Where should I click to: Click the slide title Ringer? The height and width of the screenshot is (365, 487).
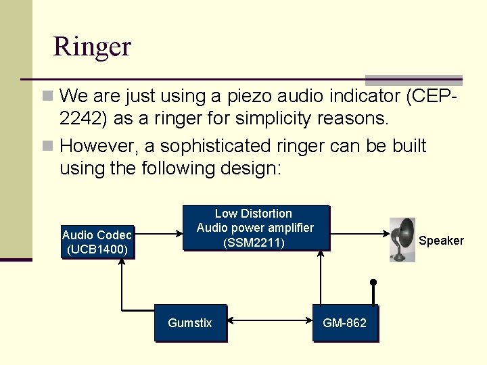92,47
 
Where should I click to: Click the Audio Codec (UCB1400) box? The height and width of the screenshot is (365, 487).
97,242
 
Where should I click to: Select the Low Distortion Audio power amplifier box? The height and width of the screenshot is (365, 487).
255,228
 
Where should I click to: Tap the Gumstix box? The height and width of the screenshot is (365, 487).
189,323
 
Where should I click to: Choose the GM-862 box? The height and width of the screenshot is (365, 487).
344,323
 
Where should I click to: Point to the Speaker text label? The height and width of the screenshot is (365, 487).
441,241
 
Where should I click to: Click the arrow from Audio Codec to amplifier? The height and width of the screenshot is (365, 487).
158,235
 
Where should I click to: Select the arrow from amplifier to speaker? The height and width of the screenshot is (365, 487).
358,235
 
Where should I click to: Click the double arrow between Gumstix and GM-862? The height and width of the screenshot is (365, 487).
269,323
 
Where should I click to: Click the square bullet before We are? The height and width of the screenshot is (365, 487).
47,97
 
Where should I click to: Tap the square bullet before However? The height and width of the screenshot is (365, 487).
47,146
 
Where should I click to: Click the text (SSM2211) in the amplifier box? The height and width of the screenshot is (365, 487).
254,243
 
